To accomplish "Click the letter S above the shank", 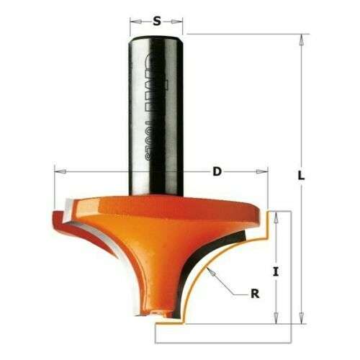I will tap(156, 21).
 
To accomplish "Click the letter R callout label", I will tap(253, 293).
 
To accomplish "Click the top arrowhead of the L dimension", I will tap(298, 38).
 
